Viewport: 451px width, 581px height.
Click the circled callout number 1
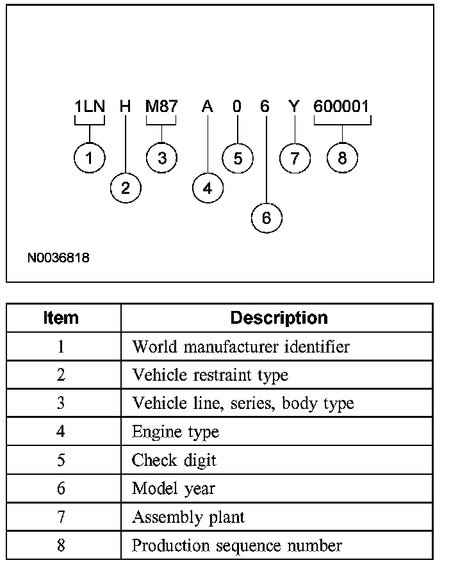(x=90, y=159)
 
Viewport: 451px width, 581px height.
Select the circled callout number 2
(x=126, y=187)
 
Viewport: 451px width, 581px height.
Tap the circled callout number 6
(x=266, y=218)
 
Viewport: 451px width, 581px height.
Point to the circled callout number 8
(x=342, y=159)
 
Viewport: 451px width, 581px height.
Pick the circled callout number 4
(x=208, y=188)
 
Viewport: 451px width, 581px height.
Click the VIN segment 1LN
(x=90, y=107)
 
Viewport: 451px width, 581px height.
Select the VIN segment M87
(x=161, y=107)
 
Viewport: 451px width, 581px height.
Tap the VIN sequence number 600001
(x=342, y=107)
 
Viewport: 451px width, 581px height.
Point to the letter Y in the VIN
(x=294, y=107)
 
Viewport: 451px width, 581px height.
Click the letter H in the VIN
(x=126, y=107)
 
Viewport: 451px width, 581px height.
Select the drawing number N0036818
(x=58, y=259)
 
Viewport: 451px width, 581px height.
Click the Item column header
(x=61, y=318)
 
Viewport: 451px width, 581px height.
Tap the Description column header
(x=279, y=318)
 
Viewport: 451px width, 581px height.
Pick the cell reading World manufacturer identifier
(x=241, y=347)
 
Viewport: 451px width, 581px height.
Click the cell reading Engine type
(x=176, y=432)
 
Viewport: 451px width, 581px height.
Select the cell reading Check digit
(x=174, y=460)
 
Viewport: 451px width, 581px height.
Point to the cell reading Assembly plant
(x=188, y=517)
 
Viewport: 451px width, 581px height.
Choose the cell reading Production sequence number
(x=237, y=545)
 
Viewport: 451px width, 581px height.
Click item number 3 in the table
(x=61, y=404)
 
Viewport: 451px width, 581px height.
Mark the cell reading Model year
(x=174, y=489)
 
